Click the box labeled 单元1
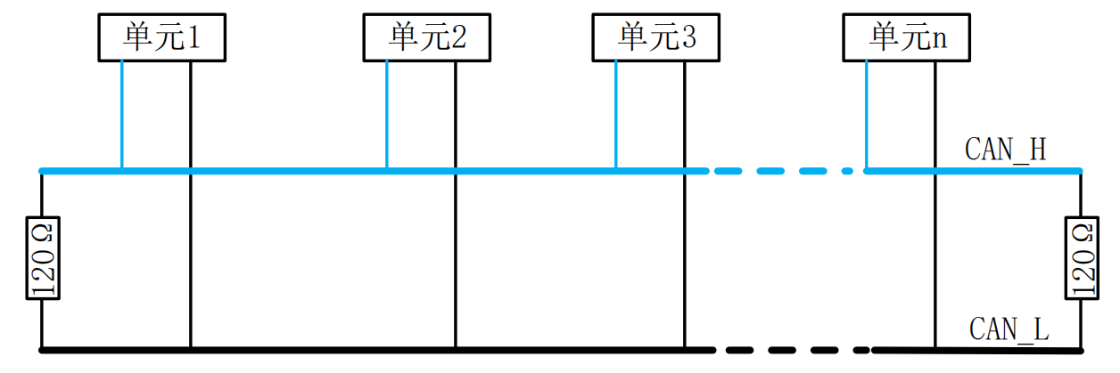tap(162, 37)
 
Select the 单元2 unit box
tap(426, 37)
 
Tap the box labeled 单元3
tap(656, 37)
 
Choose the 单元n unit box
tap(907, 37)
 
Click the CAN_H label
tap(1005, 150)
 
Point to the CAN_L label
tap(1009, 329)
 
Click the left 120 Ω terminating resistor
tap(43, 258)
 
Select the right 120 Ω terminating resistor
tap(1082, 258)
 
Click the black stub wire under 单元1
tap(191, 204)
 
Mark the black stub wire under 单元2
tap(456, 204)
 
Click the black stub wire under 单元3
tap(685, 204)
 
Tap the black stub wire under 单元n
tap(935, 204)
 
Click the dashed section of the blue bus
tap(784, 171)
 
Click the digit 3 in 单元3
tap(689, 37)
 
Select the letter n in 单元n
tap(938, 39)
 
